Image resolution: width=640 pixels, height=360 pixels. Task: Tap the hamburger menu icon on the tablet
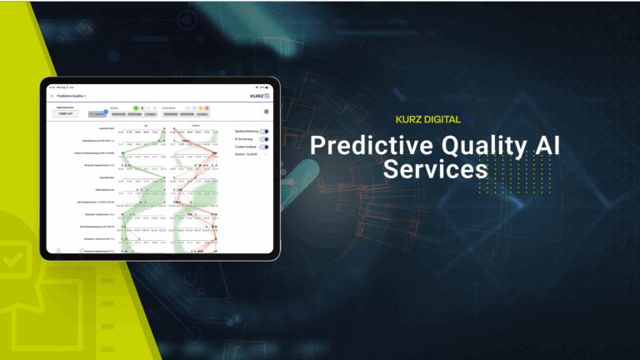(x=52, y=97)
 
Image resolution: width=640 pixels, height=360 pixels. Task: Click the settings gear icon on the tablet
(x=266, y=111)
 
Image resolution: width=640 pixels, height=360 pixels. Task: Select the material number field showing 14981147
(x=66, y=114)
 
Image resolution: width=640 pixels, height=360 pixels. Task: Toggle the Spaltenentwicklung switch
(x=264, y=132)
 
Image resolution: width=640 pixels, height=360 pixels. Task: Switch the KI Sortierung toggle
(x=264, y=139)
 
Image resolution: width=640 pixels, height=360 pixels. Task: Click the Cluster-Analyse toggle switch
(x=264, y=147)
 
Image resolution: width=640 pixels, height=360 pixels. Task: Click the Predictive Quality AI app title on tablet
(x=74, y=97)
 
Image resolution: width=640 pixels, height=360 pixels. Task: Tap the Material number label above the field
(x=66, y=107)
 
